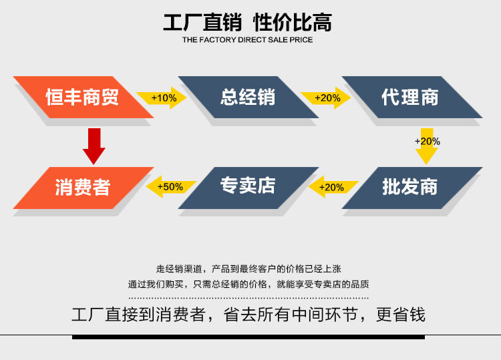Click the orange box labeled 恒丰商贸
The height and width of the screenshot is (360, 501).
point(82,98)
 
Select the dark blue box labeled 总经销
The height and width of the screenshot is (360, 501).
point(247,98)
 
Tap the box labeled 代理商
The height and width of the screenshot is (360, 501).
point(410,98)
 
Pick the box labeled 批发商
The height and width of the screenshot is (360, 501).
point(410,187)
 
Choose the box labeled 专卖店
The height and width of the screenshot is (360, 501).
point(247,187)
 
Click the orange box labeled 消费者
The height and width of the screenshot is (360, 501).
point(82,187)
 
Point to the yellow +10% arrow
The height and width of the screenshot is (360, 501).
point(162,98)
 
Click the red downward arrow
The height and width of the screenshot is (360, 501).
point(94,146)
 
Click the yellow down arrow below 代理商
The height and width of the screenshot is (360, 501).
point(427,146)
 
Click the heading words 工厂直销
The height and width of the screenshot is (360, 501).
point(202,23)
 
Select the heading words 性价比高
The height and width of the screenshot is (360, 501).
point(293,23)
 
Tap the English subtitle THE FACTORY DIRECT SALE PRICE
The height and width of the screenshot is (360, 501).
point(247,40)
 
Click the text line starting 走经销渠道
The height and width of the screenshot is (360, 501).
point(248,268)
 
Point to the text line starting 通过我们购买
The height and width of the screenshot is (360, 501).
point(248,284)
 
